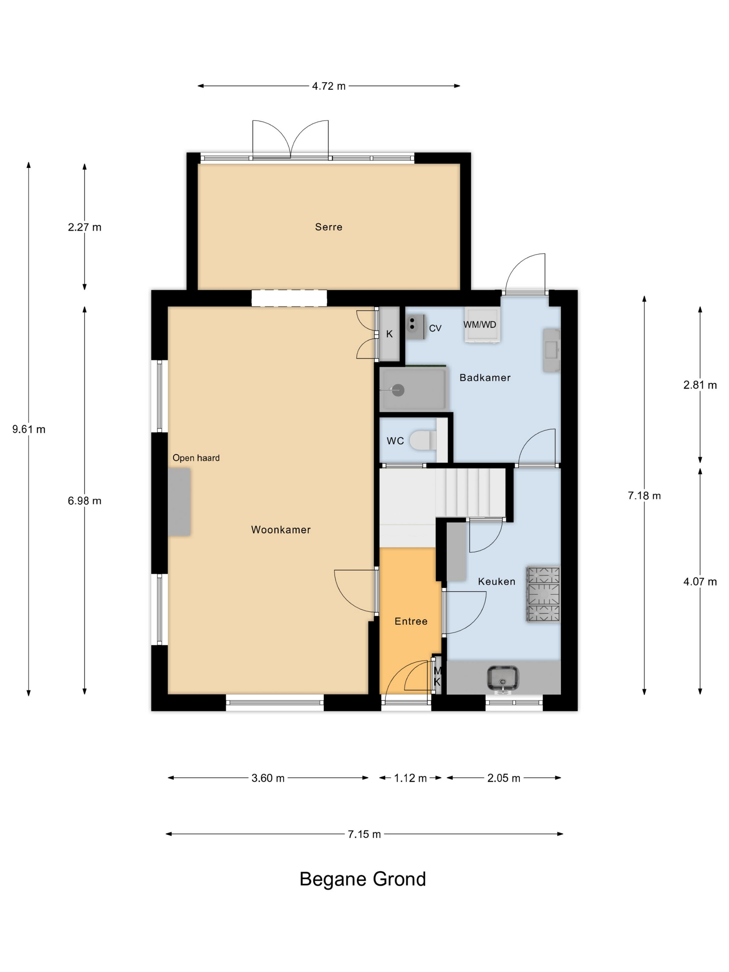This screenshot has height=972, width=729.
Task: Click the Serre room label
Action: click(328, 227)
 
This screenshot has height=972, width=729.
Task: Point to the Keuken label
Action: click(496, 581)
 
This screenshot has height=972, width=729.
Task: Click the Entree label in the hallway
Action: click(411, 621)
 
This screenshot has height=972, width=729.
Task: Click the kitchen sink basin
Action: click(503, 678)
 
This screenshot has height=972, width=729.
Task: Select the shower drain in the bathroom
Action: click(398, 390)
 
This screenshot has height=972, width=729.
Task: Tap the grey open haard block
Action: click(179, 502)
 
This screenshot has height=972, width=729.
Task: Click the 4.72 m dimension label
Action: click(329, 86)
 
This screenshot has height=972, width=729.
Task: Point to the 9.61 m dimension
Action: click(28, 429)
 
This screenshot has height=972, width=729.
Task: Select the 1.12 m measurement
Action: click(410, 778)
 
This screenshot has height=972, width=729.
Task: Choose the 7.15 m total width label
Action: click(364, 834)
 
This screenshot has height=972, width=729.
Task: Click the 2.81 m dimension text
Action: click(700, 385)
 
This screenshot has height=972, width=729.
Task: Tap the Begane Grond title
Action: click(362, 879)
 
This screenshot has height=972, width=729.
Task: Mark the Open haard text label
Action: click(196, 458)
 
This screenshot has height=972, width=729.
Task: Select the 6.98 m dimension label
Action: click(84, 501)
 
